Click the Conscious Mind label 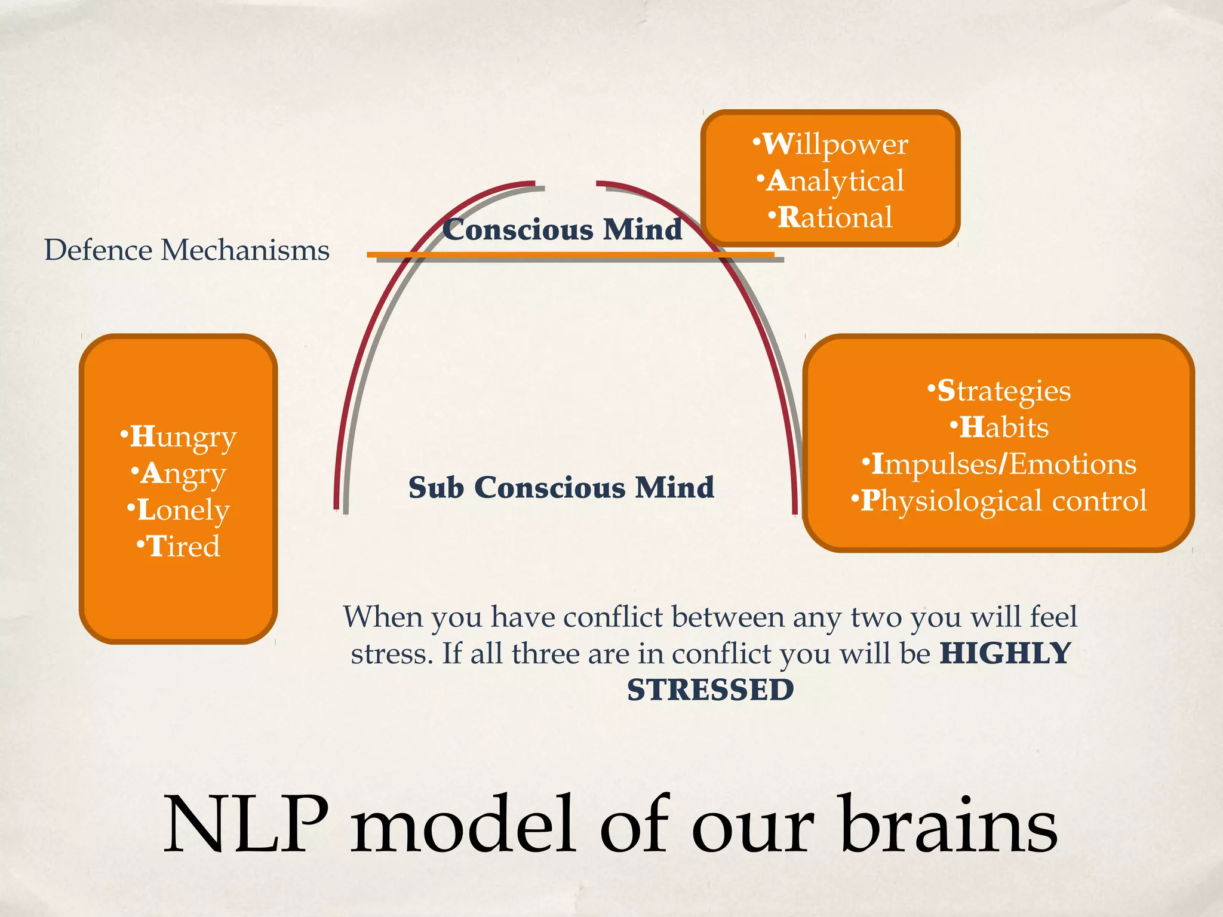pos(562,230)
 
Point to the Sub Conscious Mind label pos(561,488)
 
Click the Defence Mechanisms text pos(187,250)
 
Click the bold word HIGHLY pos(1006,654)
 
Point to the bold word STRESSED pos(711,691)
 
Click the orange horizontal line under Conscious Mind pos(570,256)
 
